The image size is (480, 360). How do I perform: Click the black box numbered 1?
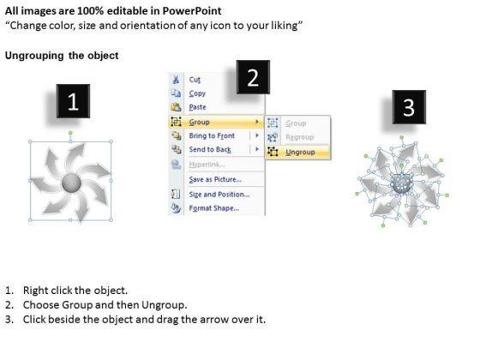click(x=73, y=101)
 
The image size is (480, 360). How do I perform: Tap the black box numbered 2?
click(x=253, y=77)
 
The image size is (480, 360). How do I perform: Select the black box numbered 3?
click(x=409, y=107)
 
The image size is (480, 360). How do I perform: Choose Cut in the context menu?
click(x=195, y=80)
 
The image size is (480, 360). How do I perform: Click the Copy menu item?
click(x=197, y=93)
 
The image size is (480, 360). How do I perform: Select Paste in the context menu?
click(x=197, y=107)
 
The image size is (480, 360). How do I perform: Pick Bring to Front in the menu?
click(x=212, y=135)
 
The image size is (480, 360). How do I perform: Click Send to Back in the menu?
click(x=210, y=149)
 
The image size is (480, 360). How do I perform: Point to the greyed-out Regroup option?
click(x=300, y=137)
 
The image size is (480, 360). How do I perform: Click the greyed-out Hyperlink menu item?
click(x=207, y=165)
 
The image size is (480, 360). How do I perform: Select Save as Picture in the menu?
click(x=215, y=179)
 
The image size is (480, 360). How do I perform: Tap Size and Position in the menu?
click(x=219, y=195)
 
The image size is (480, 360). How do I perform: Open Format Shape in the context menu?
click(x=214, y=208)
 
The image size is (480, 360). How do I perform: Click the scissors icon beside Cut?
click(x=176, y=80)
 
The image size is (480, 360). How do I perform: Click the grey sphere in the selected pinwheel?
click(x=72, y=183)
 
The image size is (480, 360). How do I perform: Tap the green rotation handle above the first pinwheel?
click(x=70, y=133)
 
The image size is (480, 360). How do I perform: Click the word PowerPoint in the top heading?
click(x=192, y=11)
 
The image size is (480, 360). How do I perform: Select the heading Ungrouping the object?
click(x=62, y=56)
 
